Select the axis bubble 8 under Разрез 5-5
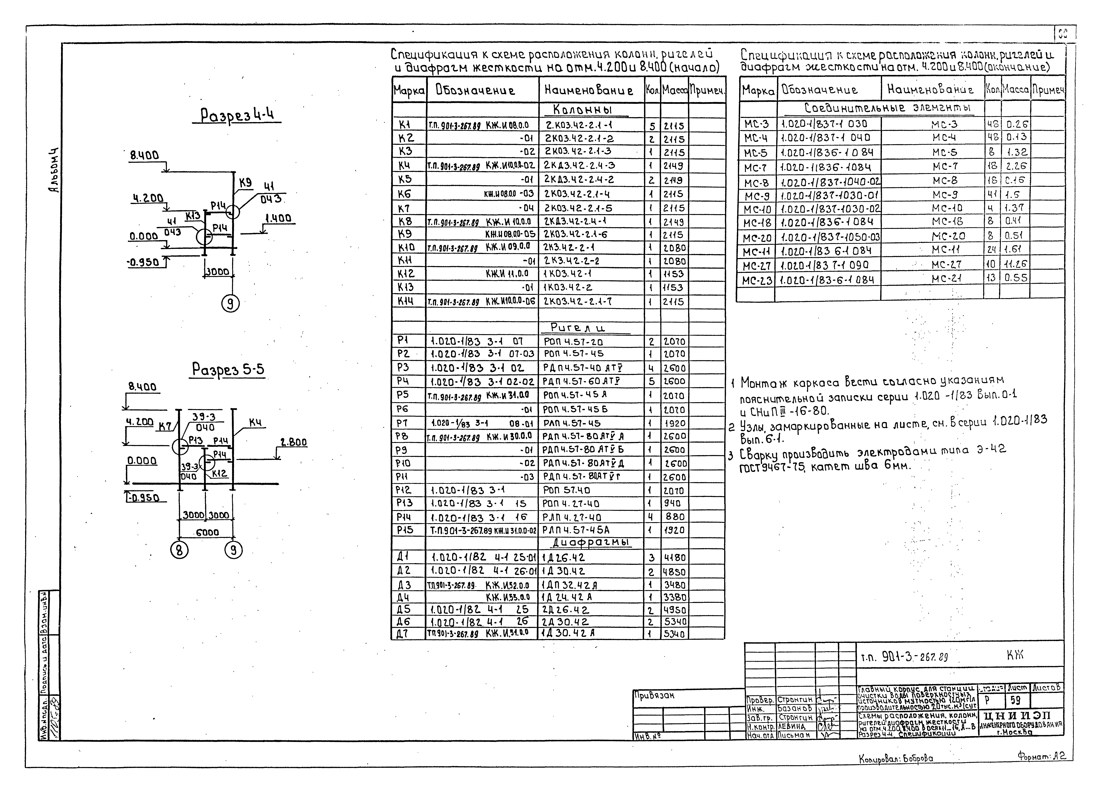[x=179, y=550]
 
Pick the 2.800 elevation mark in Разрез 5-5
[x=293, y=442]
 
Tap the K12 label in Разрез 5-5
[x=219, y=474]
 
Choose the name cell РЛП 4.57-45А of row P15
[x=576, y=530]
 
